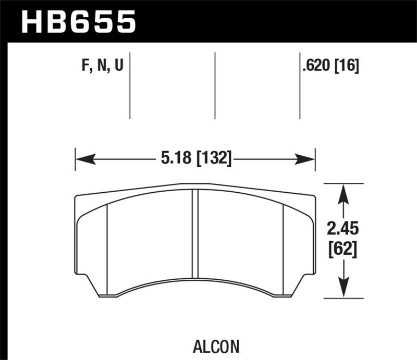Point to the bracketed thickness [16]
click(347, 67)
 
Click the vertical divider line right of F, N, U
click(129, 85)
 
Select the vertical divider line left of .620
click(300, 85)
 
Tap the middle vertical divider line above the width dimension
click(215, 85)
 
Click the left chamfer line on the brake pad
click(107, 245)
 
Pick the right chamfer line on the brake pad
click(283, 245)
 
